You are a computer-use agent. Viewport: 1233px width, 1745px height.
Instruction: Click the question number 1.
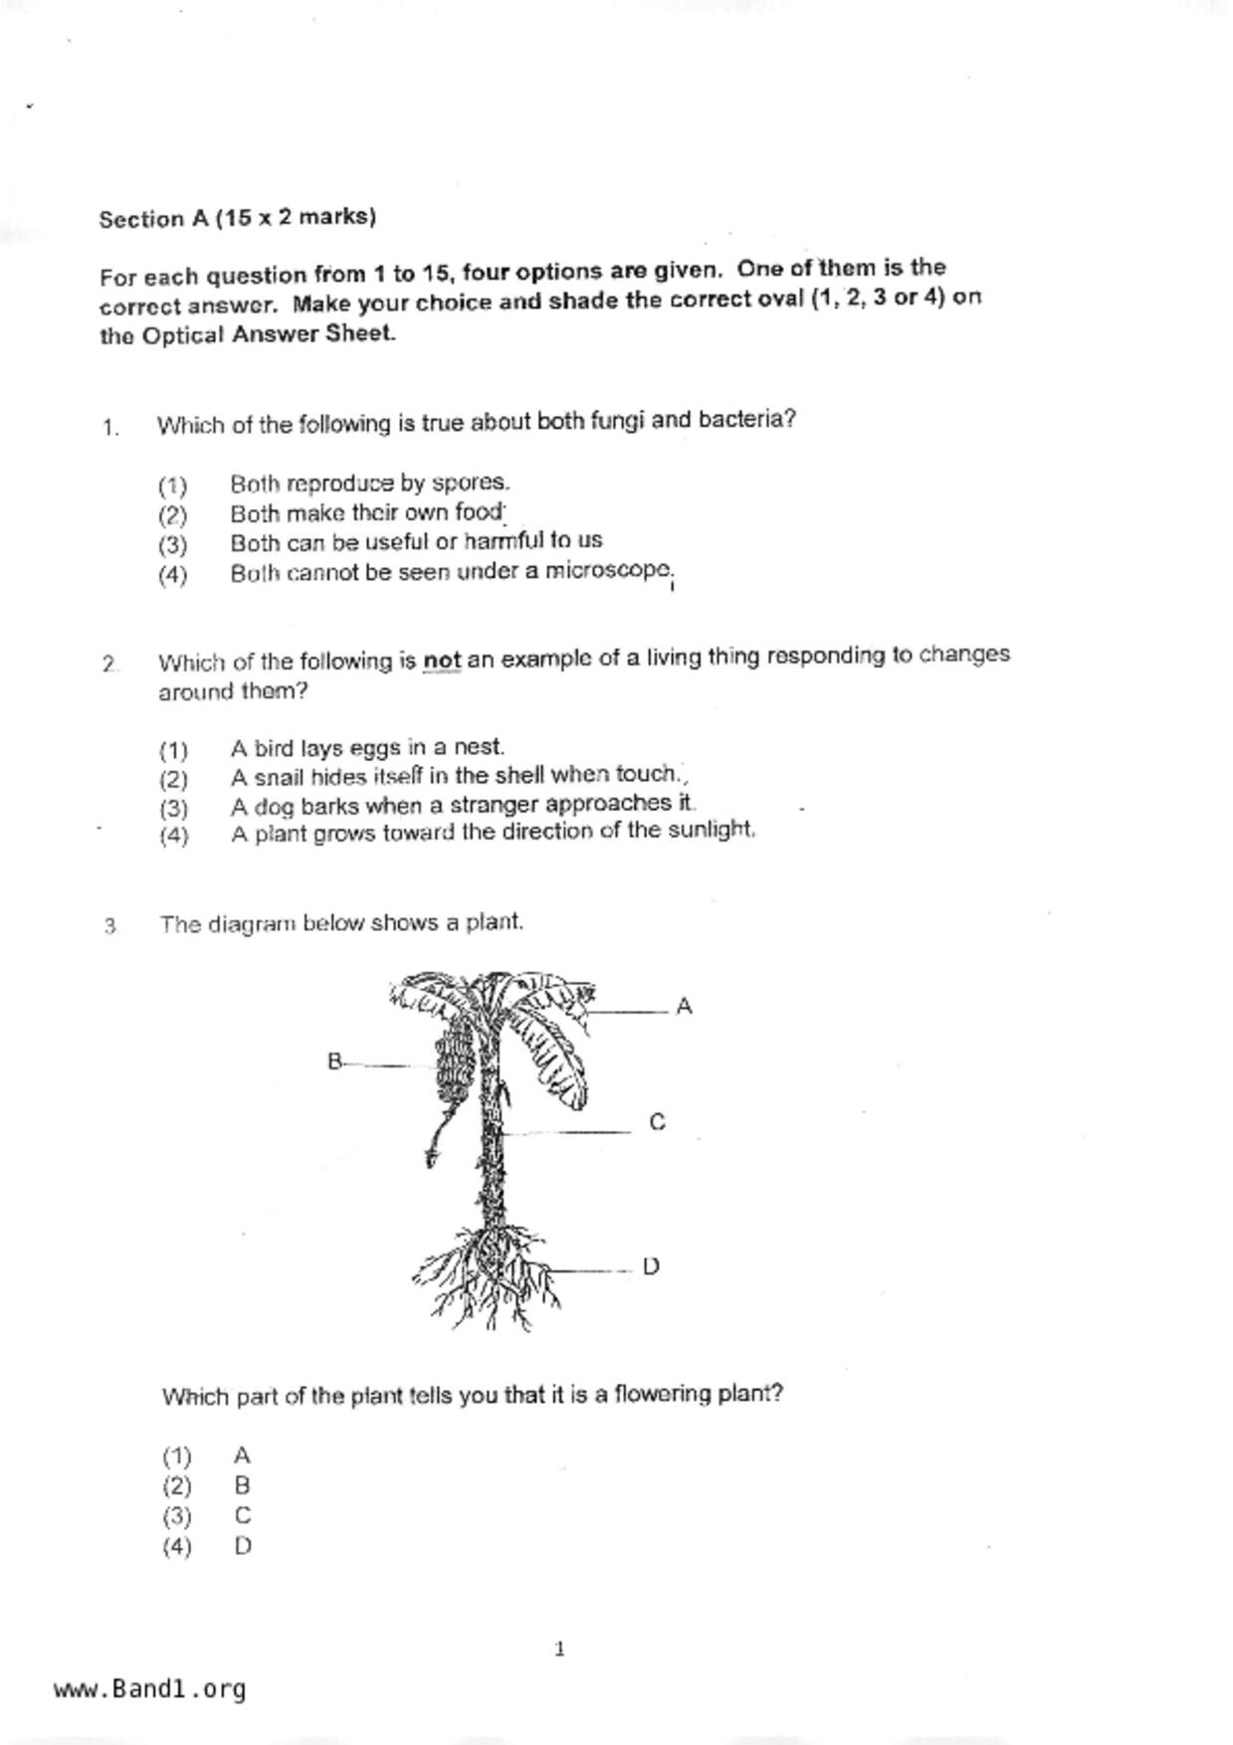tap(109, 428)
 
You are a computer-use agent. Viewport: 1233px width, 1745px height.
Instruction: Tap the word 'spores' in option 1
tap(469, 483)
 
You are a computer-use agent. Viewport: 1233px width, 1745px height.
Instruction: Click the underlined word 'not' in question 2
tap(442, 661)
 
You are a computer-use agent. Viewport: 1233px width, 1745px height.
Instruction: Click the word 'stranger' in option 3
tap(495, 804)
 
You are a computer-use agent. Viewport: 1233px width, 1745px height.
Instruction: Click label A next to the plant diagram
tap(684, 1007)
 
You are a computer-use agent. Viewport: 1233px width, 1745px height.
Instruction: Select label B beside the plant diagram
tap(334, 1062)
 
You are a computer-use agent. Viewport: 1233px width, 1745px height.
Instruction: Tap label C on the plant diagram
tap(657, 1122)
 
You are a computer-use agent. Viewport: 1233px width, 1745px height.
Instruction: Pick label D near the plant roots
tap(651, 1266)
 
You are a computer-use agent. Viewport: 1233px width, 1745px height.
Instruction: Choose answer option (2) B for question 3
tap(242, 1486)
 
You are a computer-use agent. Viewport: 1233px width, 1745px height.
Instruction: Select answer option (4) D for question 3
tap(242, 1546)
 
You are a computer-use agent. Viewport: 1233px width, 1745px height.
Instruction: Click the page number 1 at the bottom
tap(559, 1649)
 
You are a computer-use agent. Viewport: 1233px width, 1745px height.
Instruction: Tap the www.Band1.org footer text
tap(149, 1689)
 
